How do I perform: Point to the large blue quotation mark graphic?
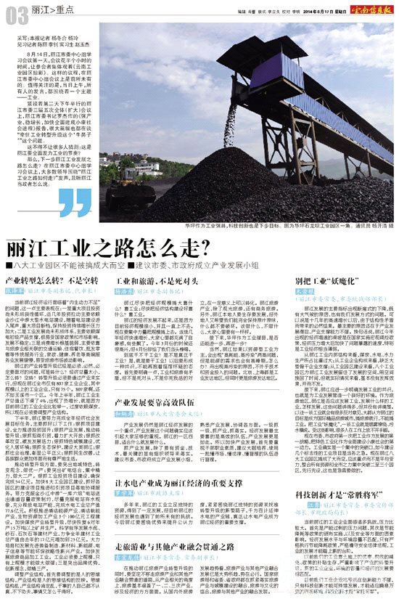(72, 206)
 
